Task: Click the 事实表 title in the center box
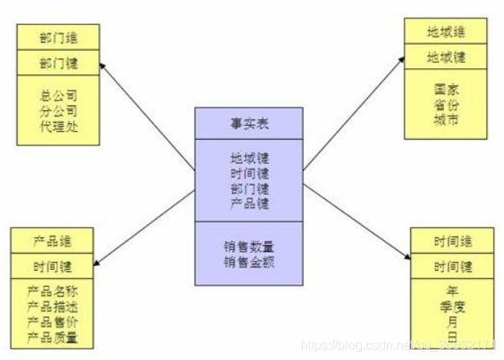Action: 248,125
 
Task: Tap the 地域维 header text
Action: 445,33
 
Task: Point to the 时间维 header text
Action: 453,242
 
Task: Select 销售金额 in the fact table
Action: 248,261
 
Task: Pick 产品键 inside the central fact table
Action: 248,203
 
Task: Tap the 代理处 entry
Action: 59,126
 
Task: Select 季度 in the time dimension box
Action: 453,305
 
